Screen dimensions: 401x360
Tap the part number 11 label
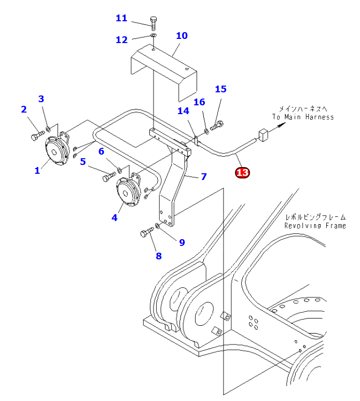point(121,19)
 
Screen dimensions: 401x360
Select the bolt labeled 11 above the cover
point(154,22)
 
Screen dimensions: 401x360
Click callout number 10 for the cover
point(182,36)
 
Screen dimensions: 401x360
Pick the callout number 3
point(41,99)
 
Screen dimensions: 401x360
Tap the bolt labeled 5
point(108,177)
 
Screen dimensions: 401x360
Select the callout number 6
point(102,151)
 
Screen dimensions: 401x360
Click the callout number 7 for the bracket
point(204,177)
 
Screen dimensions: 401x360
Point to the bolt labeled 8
point(146,233)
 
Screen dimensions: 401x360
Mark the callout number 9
point(182,242)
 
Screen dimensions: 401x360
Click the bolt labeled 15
point(217,125)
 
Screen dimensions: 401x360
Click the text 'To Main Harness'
point(303,117)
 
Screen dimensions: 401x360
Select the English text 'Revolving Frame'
point(315,226)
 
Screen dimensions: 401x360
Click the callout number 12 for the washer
point(121,39)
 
